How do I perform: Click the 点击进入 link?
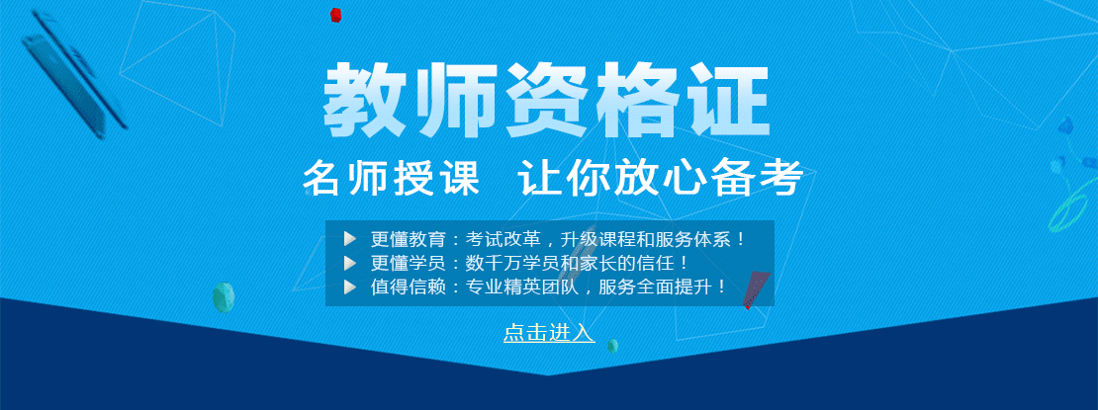(549, 332)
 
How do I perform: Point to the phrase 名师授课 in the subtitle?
(391, 179)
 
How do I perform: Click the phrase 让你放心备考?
(661, 179)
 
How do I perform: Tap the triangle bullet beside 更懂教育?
(350, 239)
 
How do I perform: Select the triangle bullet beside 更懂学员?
(350, 263)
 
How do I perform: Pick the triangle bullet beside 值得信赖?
(350, 287)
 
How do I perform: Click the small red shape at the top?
(335, 14)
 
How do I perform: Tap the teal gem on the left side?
(224, 297)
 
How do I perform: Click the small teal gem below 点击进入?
(612, 346)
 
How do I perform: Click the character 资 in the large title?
(548, 100)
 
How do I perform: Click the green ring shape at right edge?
(1070, 203)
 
